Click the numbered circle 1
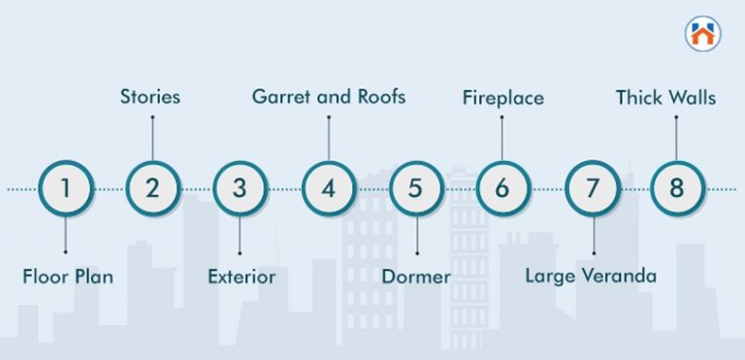66,188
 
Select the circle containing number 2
152,188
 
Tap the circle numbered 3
241,188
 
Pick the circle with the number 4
328,188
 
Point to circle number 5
415,188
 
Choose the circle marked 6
502,188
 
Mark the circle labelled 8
676,188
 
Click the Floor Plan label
68,277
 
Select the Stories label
150,97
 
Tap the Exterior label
242,277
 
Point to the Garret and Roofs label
329,97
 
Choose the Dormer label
415,277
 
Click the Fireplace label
502,97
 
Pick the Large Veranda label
591,276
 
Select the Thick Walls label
666,97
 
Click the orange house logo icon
702,34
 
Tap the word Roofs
379,97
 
